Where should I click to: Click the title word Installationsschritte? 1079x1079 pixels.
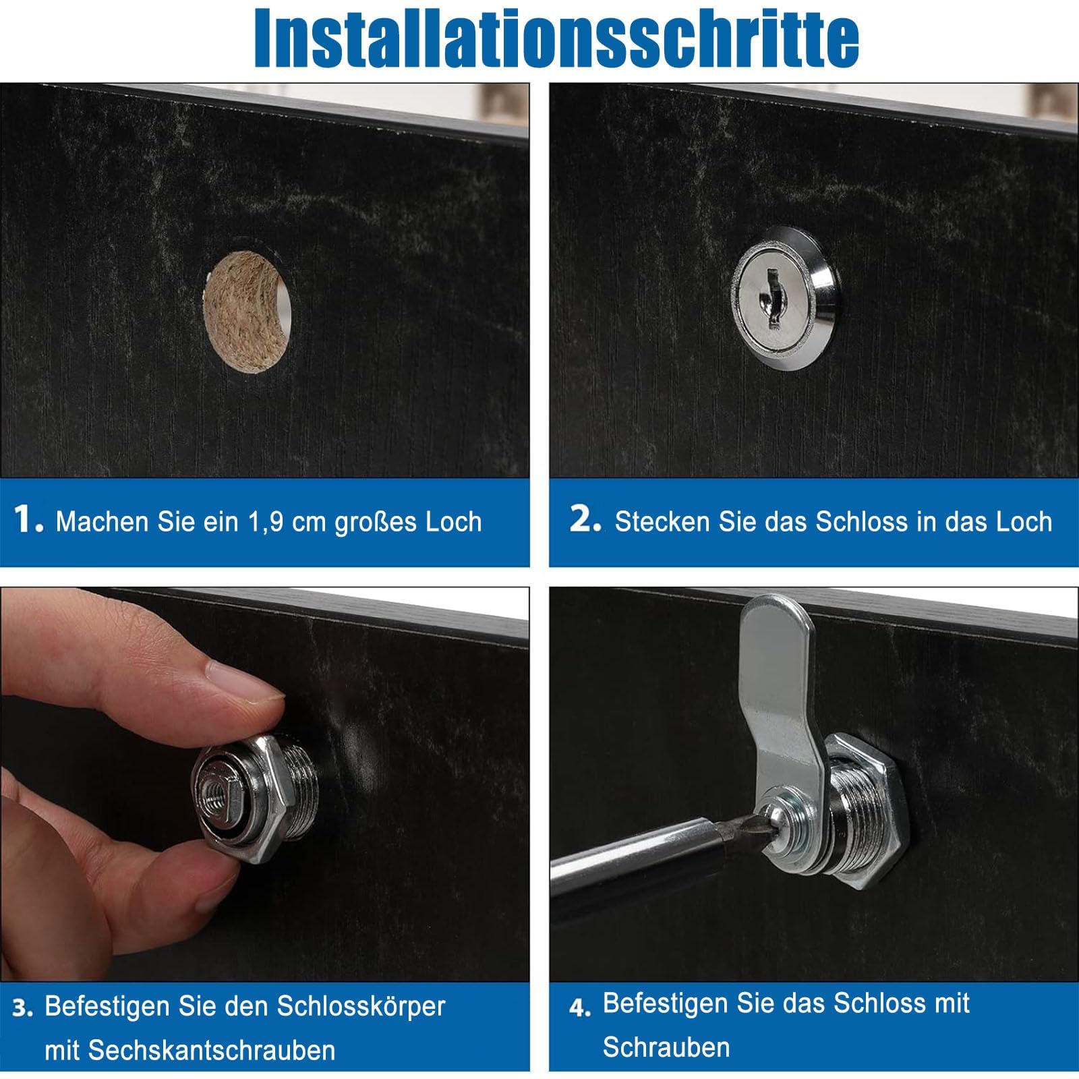click(x=556, y=37)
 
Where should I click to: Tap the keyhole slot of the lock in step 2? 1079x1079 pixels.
click(x=771, y=297)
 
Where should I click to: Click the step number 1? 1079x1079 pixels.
click(x=28, y=520)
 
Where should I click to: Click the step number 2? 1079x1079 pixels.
click(x=584, y=520)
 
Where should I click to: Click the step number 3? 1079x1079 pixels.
click(x=23, y=1008)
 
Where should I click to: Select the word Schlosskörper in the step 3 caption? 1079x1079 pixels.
click(x=361, y=1007)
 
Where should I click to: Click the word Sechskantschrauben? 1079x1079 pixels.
click(x=189, y=1050)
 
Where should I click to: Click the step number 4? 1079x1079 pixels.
click(x=580, y=1008)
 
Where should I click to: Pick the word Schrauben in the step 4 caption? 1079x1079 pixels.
click(x=666, y=1047)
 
